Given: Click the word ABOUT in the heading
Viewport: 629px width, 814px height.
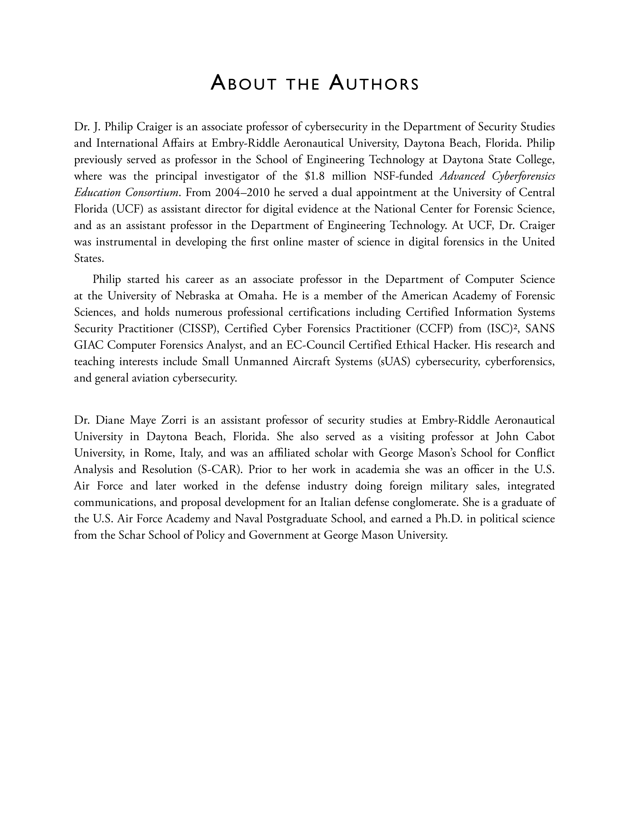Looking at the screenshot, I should tap(243, 84).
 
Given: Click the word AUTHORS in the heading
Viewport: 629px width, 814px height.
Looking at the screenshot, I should tap(374, 84).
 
